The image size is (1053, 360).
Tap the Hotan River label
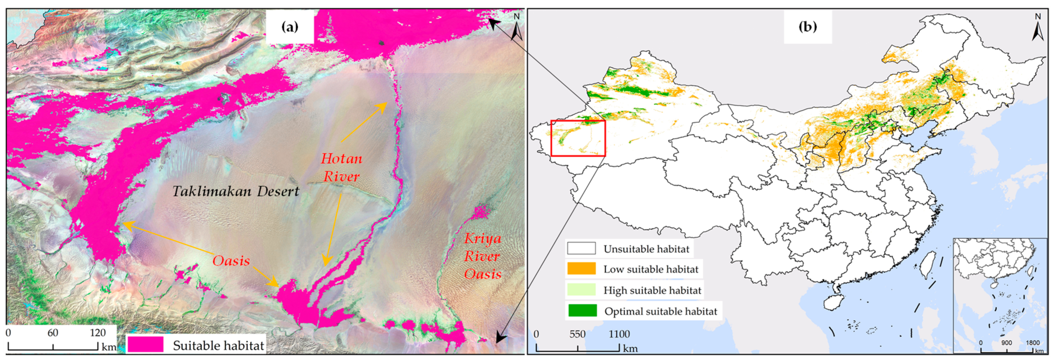click(341, 168)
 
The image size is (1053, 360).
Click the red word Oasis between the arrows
click(231, 261)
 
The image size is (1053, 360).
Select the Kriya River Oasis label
click(482, 256)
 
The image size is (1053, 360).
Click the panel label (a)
click(290, 27)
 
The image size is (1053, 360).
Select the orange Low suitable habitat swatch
click(581, 269)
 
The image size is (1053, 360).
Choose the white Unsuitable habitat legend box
click(581, 248)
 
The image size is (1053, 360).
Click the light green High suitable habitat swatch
click(581, 290)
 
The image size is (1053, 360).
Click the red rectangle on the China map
click(578, 138)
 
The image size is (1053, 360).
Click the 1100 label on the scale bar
click(619, 334)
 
